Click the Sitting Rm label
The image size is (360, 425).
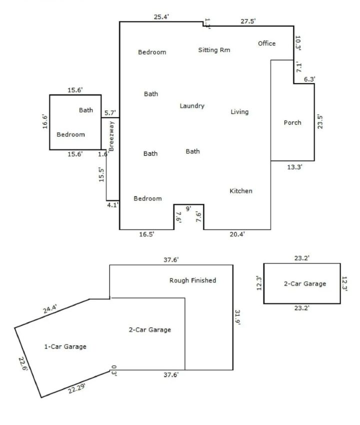pyautogui.click(x=214, y=50)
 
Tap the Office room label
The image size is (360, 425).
pyautogui.click(x=266, y=43)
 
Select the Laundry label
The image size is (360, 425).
pyautogui.click(x=192, y=106)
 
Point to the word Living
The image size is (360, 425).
pyautogui.click(x=239, y=112)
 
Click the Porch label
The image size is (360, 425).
pyautogui.click(x=292, y=122)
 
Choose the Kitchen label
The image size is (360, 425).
pyautogui.click(x=241, y=191)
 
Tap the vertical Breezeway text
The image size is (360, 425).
pyautogui.click(x=112, y=136)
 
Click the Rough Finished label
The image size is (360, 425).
pyautogui.click(x=193, y=280)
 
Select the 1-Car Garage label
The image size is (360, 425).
pyautogui.click(x=66, y=346)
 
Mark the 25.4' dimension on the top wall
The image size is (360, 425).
pyautogui.click(x=161, y=17)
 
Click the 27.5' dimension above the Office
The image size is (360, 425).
pyautogui.click(x=248, y=21)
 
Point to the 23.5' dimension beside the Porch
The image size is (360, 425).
pyautogui.click(x=320, y=122)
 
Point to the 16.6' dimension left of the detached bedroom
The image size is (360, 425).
pyautogui.click(x=44, y=121)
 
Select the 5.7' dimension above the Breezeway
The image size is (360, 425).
pyautogui.click(x=110, y=112)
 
